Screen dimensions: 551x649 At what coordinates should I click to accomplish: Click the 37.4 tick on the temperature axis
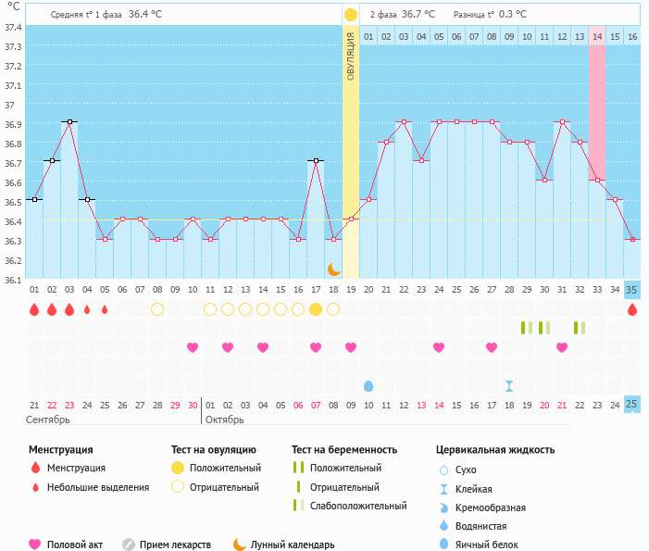tap(13, 27)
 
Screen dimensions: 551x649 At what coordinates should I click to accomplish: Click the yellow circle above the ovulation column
tap(351, 15)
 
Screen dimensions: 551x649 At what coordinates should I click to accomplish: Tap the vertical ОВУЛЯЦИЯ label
tap(351, 56)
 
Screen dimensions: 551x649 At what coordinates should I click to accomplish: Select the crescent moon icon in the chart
tap(333, 269)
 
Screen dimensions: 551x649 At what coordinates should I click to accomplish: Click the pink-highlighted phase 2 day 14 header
tap(597, 36)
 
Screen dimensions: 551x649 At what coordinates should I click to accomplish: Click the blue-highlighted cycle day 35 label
tap(632, 289)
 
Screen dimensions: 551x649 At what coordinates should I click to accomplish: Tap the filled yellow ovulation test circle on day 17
tap(316, 309)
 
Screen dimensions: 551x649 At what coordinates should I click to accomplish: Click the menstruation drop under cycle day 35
tap(632, 309)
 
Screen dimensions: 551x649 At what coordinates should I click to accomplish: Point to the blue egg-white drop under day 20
tap(368, 385)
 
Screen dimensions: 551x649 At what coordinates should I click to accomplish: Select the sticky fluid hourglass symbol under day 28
tap(509, 385)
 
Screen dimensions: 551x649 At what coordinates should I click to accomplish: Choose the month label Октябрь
tap(225, 420)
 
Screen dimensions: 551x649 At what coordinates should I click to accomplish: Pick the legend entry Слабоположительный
tap(359, 506)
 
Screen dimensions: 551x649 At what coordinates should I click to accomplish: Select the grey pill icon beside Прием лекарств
tap(129, 545)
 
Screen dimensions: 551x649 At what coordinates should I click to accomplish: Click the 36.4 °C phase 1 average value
tap(144, 15)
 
